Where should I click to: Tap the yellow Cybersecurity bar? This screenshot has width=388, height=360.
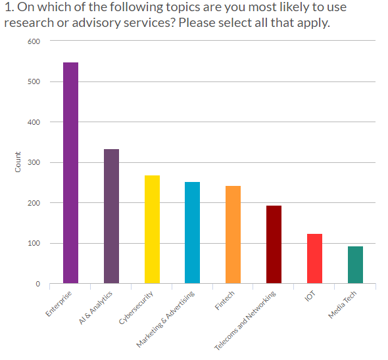152,229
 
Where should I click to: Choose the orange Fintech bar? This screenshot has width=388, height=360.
233,235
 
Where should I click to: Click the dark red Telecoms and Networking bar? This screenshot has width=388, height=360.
274,244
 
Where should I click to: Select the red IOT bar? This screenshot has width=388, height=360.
314,258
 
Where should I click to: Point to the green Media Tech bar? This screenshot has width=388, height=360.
355,265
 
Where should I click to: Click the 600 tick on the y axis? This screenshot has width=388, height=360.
34,41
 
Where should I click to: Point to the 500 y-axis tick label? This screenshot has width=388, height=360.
34,82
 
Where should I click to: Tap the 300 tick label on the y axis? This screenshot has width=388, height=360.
34,163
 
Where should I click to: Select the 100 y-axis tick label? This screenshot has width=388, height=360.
34,244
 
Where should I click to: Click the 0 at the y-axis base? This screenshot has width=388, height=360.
37,284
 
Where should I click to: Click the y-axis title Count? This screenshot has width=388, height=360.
18,162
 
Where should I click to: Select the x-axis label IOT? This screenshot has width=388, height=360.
310,296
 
